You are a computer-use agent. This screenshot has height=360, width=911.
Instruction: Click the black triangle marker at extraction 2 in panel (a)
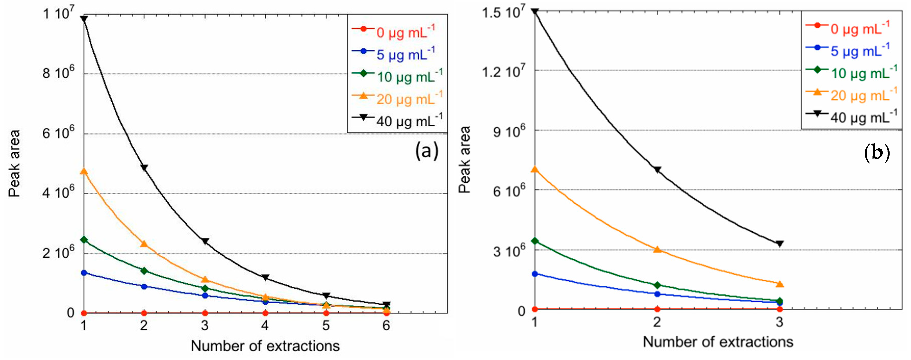[144, 167]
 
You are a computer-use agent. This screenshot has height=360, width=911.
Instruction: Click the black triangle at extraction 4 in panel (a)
[265, 277]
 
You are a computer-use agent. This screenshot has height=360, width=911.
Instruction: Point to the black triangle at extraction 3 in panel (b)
[780, 244]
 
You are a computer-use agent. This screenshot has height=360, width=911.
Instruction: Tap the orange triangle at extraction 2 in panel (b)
[657, 249]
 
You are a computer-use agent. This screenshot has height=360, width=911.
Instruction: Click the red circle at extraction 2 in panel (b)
[657, 309]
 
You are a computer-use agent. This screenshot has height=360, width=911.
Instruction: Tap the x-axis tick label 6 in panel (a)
[386, 326]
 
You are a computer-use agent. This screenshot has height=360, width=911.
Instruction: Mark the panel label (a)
[427, 151]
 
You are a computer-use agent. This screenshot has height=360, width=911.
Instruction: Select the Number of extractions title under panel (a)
[265, 346]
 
